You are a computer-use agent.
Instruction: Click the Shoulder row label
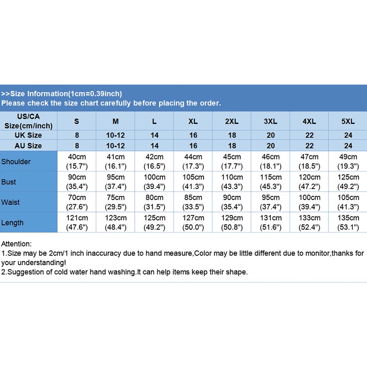click(x=17, y=161)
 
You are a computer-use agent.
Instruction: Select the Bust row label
click(x=9, y=182)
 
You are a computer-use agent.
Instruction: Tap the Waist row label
click(x=10, y=202)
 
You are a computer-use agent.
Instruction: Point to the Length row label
click(x=12, y=223)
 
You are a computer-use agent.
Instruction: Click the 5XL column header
click(x=348, y=122)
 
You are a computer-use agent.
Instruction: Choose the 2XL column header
click(x=232, y=122)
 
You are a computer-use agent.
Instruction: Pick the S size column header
click(x=77, y=122)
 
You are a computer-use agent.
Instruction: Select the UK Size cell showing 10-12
click(x=116, y=135)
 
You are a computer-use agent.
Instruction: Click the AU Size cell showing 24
click(x=348, y=146)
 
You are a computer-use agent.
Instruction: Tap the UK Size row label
click(x=28, y=135)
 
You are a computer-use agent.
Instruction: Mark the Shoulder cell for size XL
click(x=193, y=161)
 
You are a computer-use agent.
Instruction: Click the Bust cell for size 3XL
click(x=271, y=182)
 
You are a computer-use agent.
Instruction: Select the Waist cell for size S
click(x=77, y=202)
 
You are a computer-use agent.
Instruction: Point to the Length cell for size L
click(x=154, y=223)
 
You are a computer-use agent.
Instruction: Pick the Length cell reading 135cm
click(x=348, y=223)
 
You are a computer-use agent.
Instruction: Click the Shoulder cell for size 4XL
click(x=309, y=161)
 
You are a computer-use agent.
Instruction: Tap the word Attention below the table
click(x=16, y=244)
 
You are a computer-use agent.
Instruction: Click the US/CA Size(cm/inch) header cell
click(x=28, y=122)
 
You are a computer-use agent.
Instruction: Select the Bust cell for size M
click(x=116, y=182)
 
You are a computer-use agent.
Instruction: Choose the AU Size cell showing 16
click(x=193, y=146)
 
